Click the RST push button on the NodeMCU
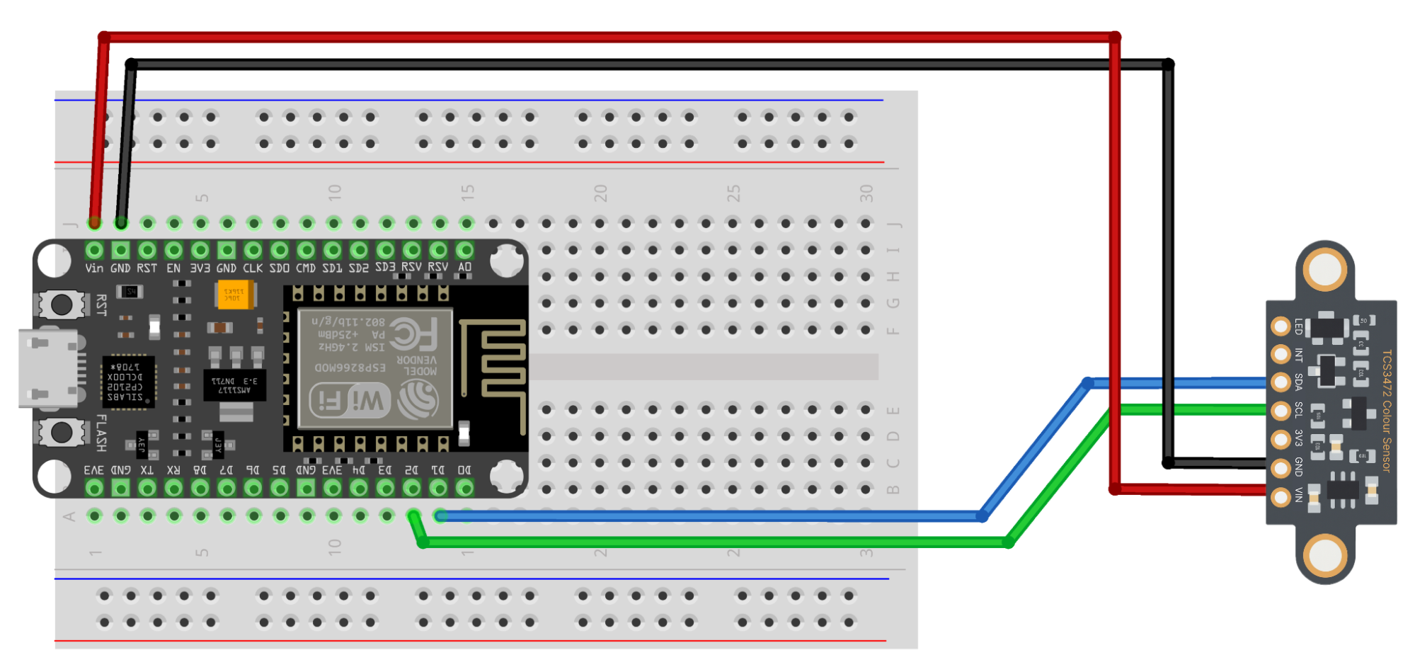[61, 305]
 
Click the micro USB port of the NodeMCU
[48, 368]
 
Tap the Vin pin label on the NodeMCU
[93, 268]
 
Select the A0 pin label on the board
[464, 268]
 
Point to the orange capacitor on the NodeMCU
[234, 295]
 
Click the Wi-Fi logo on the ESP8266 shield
[350, 402]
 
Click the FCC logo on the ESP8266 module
[413, 334]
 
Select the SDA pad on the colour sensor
[1281, 382]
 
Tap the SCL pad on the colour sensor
[1281, 411]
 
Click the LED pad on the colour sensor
[1281, 326]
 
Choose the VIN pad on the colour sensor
[1281, 497]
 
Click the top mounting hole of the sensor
[1324, 270]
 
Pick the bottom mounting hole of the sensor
[1324, 555]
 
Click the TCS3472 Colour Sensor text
[1386, 411]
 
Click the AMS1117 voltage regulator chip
[234, 385]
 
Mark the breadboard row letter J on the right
[894, 224]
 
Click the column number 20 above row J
[600, 193]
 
